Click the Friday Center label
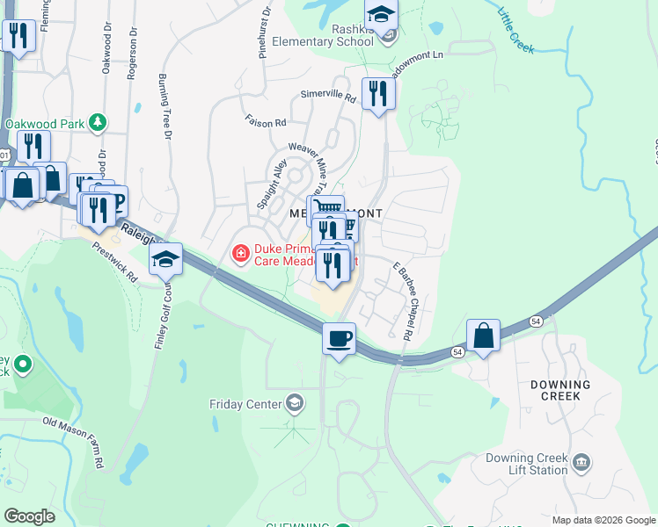pyautogui.click(x=245, y=404)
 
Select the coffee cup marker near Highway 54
pyautogui.click(x=339, y=338)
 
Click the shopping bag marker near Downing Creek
pyautogui.click(x=483, y=336)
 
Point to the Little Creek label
pyautogui.click(x=515, y=31)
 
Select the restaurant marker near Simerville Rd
pyautogui.click(x=378, y=92)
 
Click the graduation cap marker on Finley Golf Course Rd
pyautogui.click(x=165, y=259)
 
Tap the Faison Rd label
pyautogui.click(x=266, y=122)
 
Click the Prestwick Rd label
pyautogui.click(x=115, y=262)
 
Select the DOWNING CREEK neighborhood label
pyautogui.click(x=560, y=390)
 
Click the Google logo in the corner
pyautogui.click(x=29, y=516)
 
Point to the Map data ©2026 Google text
pyautogui.click(x=603, y=520)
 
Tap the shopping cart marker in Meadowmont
pyautogui.click(x=327, y=208)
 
